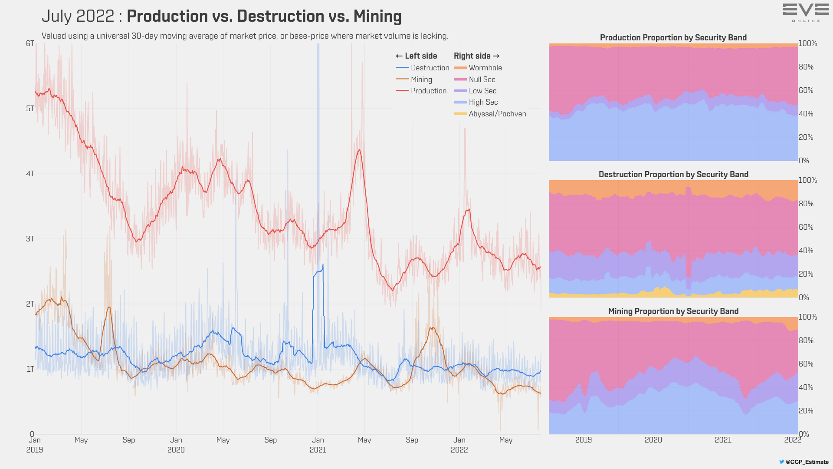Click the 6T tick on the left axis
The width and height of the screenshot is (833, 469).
(30, 43)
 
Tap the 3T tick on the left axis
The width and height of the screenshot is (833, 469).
(30, 239)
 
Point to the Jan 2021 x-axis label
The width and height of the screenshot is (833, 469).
(318, 445)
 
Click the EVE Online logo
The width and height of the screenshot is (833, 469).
(806, 13)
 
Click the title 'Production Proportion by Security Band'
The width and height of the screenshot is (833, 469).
(673, 38)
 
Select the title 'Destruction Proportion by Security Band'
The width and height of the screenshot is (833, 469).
(673, 175)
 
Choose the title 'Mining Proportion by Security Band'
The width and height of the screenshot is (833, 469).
(673, 311)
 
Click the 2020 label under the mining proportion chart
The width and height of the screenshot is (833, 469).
(653, 440)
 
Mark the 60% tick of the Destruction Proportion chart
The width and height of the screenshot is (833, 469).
(806, 227)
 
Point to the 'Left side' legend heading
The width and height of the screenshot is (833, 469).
(416, 56)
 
